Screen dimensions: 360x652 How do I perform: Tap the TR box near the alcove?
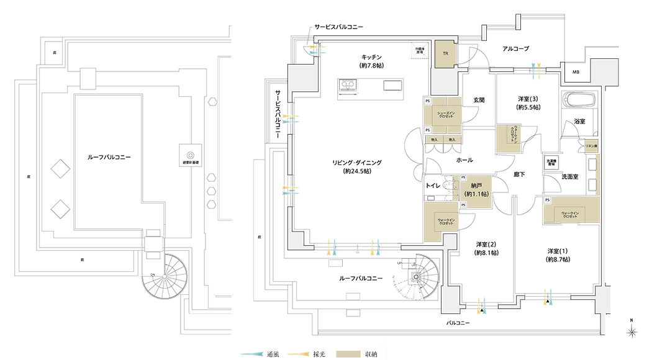[445, 54]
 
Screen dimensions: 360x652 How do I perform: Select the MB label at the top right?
[576, 73]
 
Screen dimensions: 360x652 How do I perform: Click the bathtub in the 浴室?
[577, 100]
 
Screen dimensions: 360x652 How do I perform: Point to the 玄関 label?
[478, 100]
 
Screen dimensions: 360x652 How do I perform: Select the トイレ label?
[433, 185]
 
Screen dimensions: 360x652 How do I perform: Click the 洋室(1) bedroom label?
[557, 251]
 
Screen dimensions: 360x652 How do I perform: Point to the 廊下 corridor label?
[519, 175]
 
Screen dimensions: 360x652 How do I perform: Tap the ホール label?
[464, 160]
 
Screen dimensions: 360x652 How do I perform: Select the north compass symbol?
[632, 332]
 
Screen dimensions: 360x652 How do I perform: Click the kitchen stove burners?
[345, 89]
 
